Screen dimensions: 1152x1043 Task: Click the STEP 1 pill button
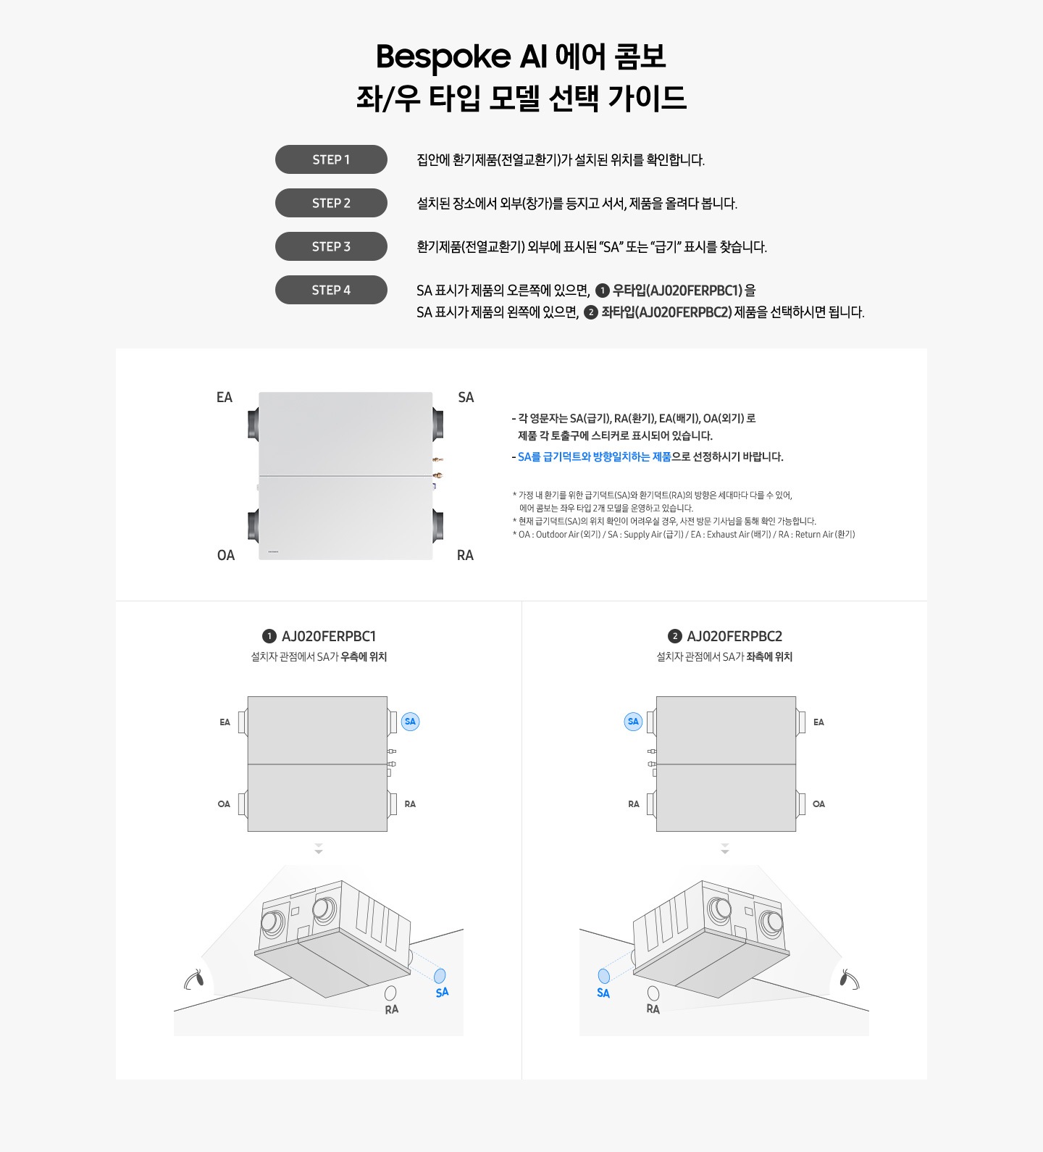(x=331, y=159)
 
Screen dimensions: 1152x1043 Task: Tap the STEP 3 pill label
(x=331, y=246)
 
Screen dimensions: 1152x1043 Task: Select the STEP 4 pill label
(x=331, y=290)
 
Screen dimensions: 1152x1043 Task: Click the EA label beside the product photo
(x=225, y=397)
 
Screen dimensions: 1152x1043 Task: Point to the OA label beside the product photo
(x=226, y=555)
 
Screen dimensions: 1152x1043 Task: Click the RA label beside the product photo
(x=465, y=555)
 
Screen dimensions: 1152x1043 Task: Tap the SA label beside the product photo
(x=466, y=397)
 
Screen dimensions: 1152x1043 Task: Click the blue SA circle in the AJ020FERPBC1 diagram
(x=410, y=722)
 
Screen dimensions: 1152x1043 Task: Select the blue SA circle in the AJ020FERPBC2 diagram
(x=633, y=722)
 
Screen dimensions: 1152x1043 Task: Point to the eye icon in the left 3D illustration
(x=194, y=980)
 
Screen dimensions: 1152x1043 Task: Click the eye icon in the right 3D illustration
(x=848, y=980)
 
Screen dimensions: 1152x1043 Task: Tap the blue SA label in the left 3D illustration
(x=442, y=992)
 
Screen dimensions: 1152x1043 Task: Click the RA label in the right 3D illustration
(x=653, y=1009)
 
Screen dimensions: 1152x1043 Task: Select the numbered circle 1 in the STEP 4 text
(x=602, y=291)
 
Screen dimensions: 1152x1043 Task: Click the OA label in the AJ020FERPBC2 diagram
(x=818, y=804)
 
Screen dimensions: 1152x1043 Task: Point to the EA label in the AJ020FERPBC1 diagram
(x=225, y=722)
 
